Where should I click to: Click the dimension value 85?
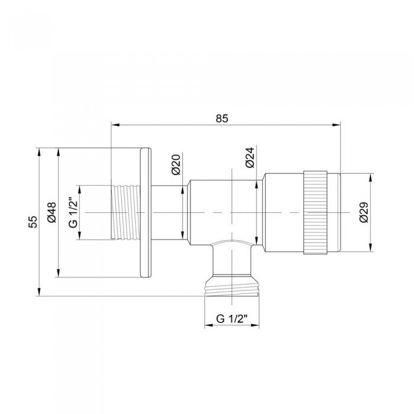click(222, 118)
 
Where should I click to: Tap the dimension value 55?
click(33, 221)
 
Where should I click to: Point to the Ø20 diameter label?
click(176, 164)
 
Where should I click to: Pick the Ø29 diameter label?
click(364, 212)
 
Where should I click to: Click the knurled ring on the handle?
click(315, 212)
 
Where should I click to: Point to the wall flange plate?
click(145, 212)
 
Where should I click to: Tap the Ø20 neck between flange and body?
click(169, 212)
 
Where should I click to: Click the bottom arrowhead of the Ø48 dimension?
click(58, 273)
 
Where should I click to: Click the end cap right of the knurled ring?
click(334, 212)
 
